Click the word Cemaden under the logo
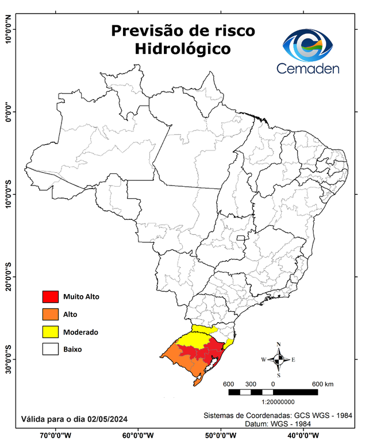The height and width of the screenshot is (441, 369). click(x=307, y=69)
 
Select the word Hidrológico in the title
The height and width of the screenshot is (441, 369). click(x=183, y=49)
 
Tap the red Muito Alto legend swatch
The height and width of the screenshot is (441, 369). click(x=51, y=297)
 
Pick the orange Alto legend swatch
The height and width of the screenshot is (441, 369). click(x=51, y=314)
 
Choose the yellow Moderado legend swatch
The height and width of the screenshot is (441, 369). click(x=51, y=331)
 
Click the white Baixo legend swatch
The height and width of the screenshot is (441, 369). click(x=51, y=349)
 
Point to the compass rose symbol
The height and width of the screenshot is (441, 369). click(x=278, y=360)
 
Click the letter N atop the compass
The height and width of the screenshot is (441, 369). click(x=278, y=345)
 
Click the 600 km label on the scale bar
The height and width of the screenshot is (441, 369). click(x=323, y=384)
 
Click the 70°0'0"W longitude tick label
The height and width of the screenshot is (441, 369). click(x=55, y=435)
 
